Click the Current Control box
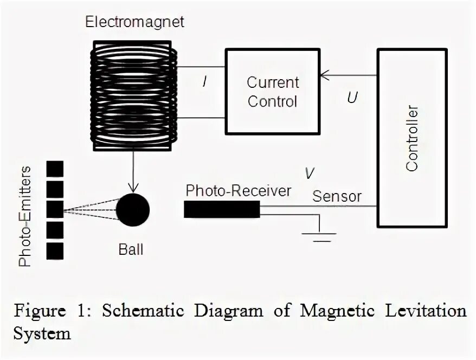pos(272,92)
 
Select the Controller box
pos(412,138)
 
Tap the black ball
pos(132,209)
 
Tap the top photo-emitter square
pos(55,169)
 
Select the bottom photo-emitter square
pos(55,251)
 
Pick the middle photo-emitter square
pos(55,209)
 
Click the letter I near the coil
pos(204,82)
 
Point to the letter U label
pos(352,99)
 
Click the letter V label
pos(309,173)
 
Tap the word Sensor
pos(336,196)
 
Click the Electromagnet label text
pos(135,22)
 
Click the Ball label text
pos(131,250)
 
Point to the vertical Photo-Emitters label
pos(25,217)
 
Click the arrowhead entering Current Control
pos(325,76)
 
